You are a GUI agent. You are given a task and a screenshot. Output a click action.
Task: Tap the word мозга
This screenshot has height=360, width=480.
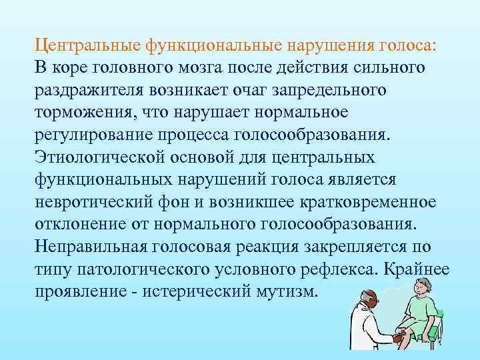click(x=231, y=68)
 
